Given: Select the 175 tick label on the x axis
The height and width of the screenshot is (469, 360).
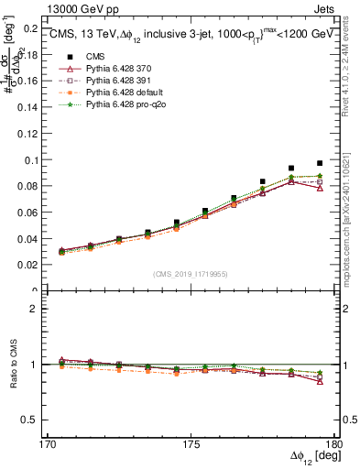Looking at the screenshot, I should tap(191, 444).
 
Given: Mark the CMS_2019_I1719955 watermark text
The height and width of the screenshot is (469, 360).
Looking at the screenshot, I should tap(191, 273).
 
